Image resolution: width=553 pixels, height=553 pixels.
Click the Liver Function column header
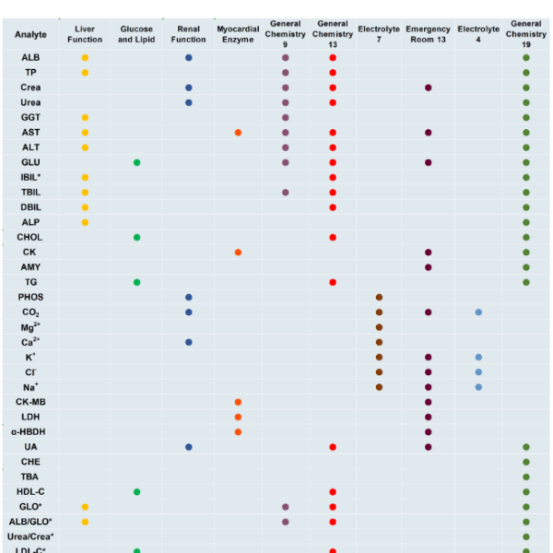point(85,34)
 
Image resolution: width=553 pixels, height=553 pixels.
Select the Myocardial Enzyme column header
point(238,34)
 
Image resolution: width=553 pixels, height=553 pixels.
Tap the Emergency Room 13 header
point(428,34)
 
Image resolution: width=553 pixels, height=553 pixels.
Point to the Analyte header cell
point(30,34)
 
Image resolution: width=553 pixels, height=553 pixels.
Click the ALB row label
point(30,57)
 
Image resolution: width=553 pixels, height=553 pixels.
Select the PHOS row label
point(30,297)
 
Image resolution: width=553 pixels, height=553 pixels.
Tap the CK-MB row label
point(30,402)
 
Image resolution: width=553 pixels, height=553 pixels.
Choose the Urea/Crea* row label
point(30,536)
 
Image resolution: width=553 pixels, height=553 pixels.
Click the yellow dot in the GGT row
point(85,118)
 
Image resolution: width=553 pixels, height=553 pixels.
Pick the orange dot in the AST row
point(238,133)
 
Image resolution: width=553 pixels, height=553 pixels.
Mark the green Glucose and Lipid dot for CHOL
point(136,238)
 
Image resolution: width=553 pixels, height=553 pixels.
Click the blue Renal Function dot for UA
point(189,447)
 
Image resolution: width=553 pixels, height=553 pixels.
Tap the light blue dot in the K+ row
point(478,357)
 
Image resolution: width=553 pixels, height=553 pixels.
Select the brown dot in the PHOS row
point(379,297)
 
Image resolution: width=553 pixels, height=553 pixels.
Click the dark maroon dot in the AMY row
point(428,267)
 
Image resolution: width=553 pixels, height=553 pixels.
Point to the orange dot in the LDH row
point(238,417)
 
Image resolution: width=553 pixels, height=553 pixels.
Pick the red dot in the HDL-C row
point(332,492)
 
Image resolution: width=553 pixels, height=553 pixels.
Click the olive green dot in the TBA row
point(526,477)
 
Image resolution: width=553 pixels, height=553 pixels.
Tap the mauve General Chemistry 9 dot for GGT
point(286,118)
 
